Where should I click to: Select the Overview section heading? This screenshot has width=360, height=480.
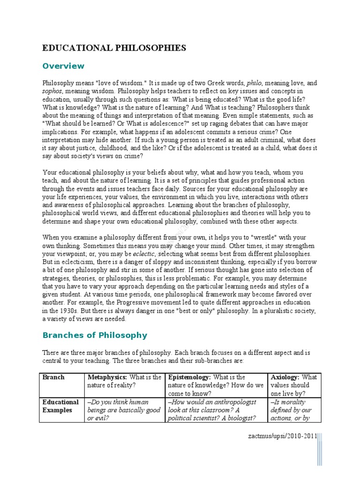click(63, 66)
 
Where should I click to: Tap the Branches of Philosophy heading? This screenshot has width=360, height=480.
click(95, 335)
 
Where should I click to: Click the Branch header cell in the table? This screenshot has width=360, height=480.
click(53, 377)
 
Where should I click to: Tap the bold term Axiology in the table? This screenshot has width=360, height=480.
click(285, 377)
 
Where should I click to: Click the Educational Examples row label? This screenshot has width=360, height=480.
click(60, 406)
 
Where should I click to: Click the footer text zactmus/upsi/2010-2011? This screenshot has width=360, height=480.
click(282, 436)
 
